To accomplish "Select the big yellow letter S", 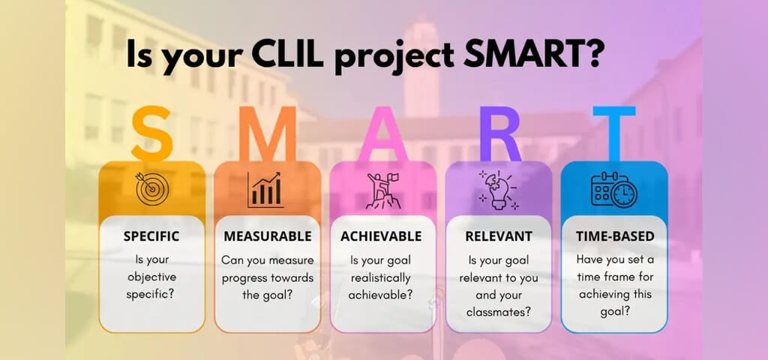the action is pyautogui.click(x=151, y=134).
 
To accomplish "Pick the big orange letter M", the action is pyautogui.click(x=268, y=134).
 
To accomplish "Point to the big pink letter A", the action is pyautogui.click(x=383, y=134).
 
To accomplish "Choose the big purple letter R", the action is pyautogui.click(x=499, y=134).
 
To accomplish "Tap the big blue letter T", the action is pyautogui.click(x=614, y=134).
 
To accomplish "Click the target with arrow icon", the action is pyautogui.click(x=152, y=188).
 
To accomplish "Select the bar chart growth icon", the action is pyautogui.click(x=266, y=190).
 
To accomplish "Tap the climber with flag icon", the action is pyautogui.click(x=383, y=191).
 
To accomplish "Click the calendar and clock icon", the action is pyautogui.click(x=614, y=189).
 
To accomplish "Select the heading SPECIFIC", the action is pyautogui.click(x=151, y=236).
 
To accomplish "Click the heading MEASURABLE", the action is pyautogui.click(x=268, y=236).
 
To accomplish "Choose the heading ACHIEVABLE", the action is pyautogui.click(x=381, y=236).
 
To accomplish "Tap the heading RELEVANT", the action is pyautogui.click(x=499, y=236).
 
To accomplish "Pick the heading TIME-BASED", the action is pyautogui.click(x=615, y=236).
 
